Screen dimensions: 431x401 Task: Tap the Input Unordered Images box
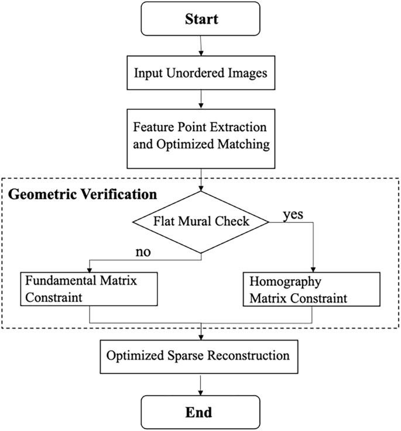[x=200, y=75]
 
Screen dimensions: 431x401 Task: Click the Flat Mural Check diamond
[x=201, y=222]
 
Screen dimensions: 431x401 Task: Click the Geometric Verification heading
[x=82, y=192]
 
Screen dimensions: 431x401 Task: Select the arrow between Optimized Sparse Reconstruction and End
[x=200, y=384]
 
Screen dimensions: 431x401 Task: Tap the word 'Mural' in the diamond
[x=201, y=222]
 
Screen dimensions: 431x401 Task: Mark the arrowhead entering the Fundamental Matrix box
[x=89, y=269]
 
